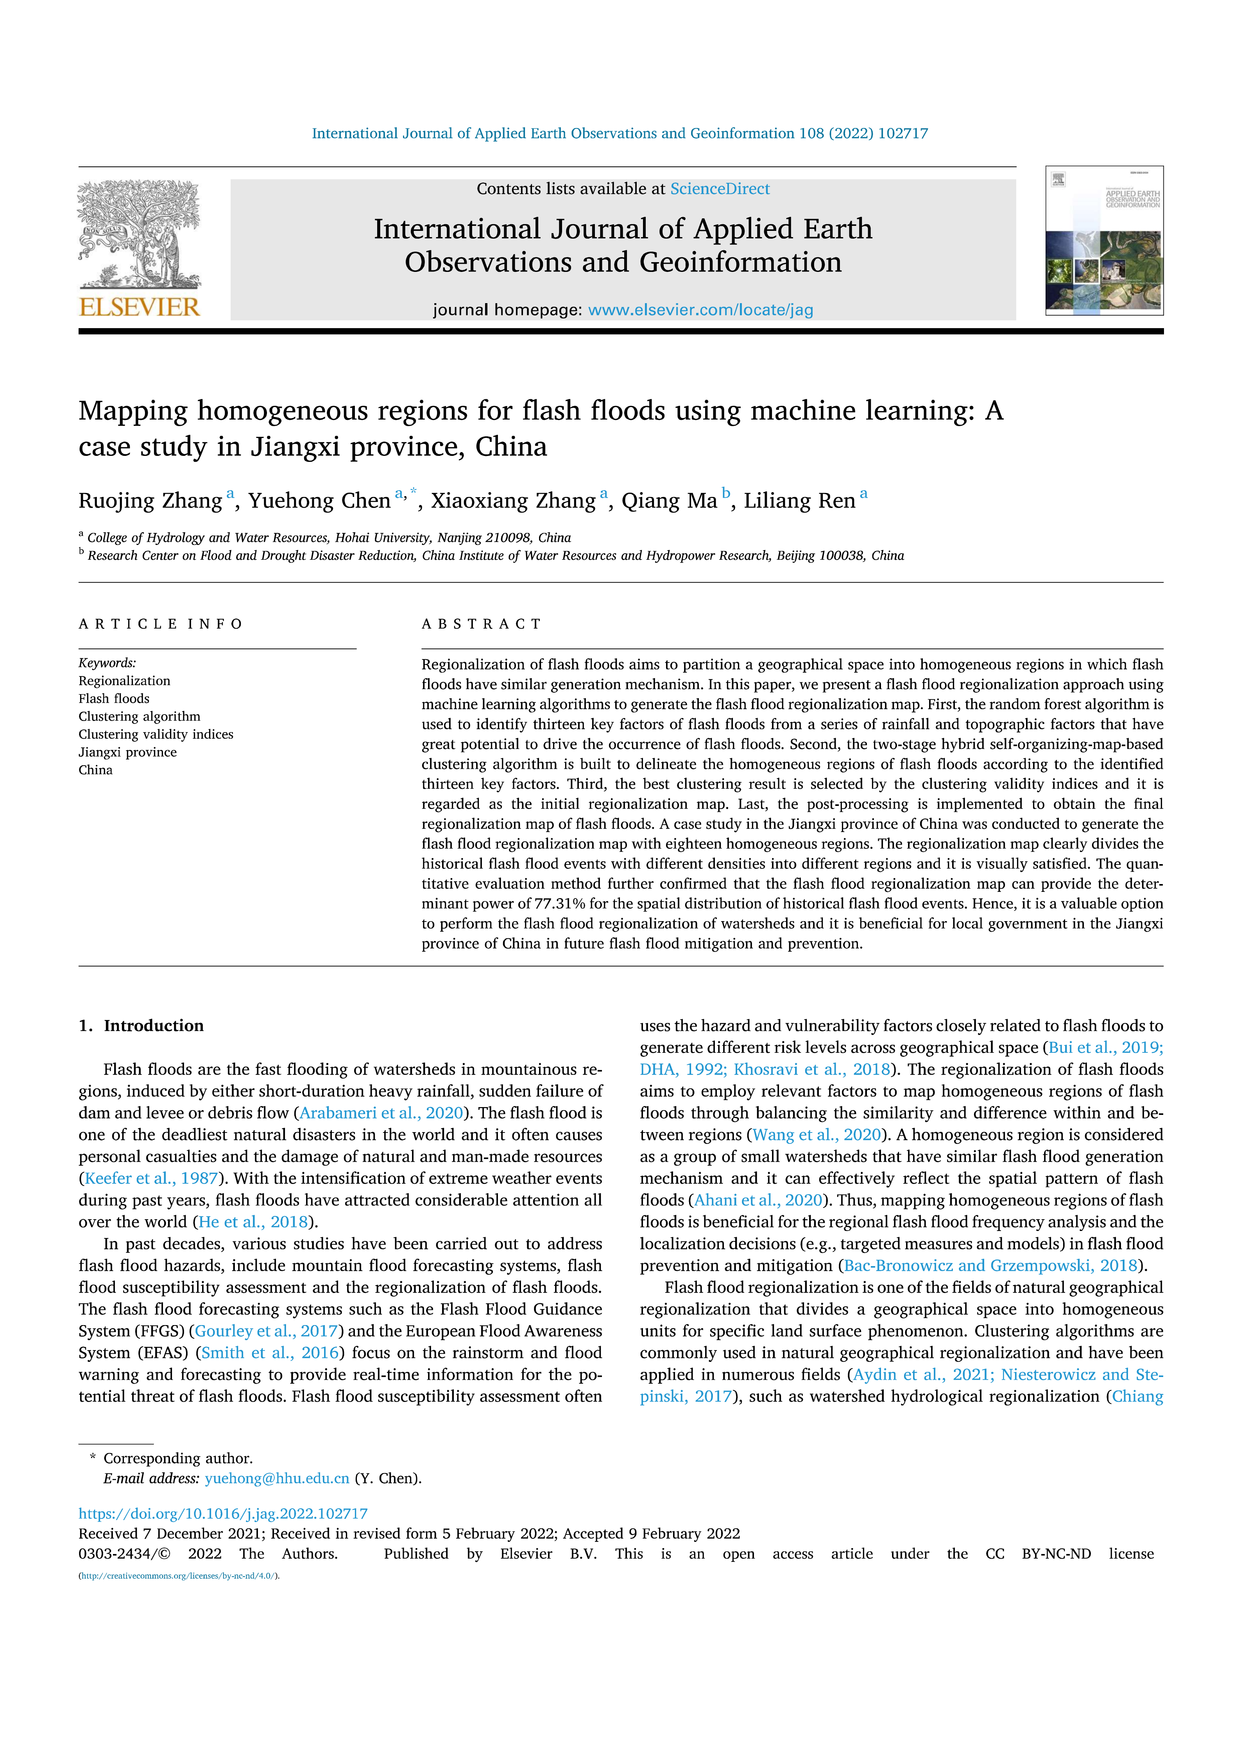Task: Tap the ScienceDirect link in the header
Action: [x=720, y=189]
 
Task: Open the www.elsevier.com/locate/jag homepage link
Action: [x=700, y=310]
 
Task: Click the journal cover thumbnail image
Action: [x=1104, y=241]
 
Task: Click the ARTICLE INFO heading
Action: [x=161, y=624]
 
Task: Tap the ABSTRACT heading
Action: [x=482, y=624]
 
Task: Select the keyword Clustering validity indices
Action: [x=156, y=734]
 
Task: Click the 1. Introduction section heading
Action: [x=141, y=1026]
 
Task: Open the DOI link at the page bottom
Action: [x=223, y=1513]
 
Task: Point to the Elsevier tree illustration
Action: [x=139, y=233]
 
